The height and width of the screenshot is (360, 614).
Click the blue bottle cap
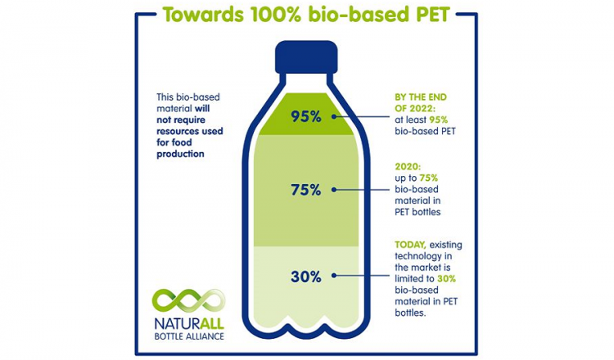(306, 57)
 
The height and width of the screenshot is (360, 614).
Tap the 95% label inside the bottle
(306, 117)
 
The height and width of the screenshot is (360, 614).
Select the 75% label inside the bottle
(306, 190)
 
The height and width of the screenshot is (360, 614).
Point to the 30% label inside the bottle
(306, 277)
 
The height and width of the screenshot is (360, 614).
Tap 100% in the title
(272, 15)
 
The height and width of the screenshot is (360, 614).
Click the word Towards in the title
(201, 15)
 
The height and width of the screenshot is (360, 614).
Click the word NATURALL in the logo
(189, 324)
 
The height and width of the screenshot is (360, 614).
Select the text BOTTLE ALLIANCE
(189, 336)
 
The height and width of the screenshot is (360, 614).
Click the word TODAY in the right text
(410, 245)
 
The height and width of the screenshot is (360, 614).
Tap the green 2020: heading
(408, 167)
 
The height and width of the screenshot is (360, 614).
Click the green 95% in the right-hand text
(439, 119)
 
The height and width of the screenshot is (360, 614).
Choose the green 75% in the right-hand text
(429, 178)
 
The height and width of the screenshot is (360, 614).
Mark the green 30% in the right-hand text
(446, 279)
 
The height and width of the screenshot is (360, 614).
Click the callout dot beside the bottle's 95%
(334, 116)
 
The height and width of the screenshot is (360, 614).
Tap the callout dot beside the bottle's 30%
(334, 276)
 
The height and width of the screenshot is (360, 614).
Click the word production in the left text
(181, 154)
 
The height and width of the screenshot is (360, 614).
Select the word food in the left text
(183, 142)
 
